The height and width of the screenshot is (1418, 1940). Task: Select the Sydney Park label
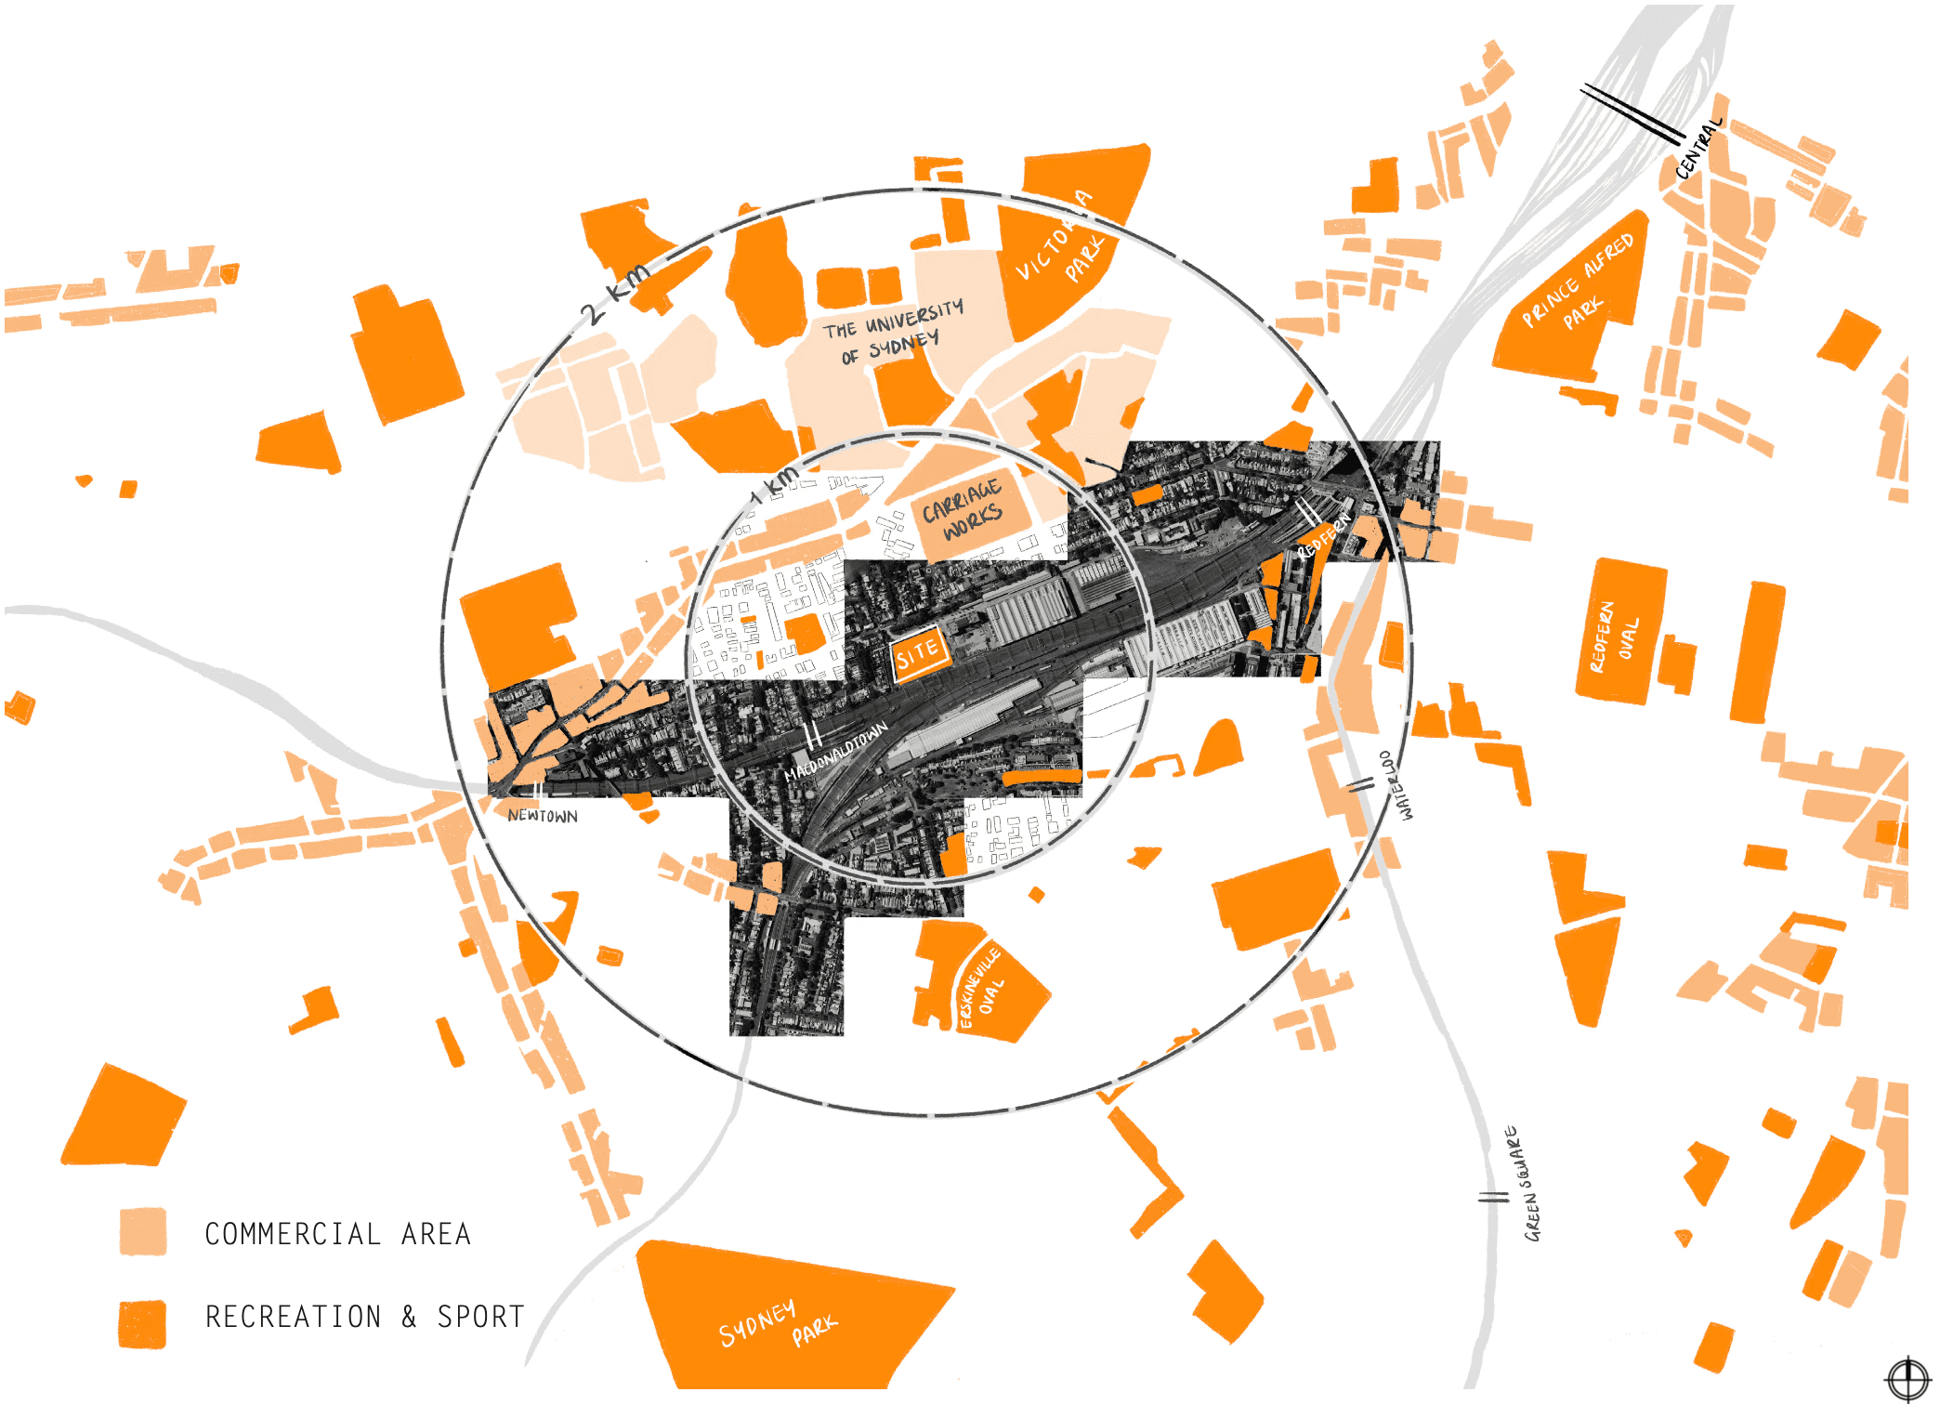pos(779,1323)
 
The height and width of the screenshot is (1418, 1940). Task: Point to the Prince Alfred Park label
pos(1579,283)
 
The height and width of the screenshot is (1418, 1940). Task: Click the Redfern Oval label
pos(1613,637)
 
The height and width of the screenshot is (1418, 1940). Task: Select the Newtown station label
pos(543,816)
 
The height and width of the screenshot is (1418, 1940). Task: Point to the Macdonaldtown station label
pos(836,751)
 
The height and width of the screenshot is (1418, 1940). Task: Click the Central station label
pos(1698,149)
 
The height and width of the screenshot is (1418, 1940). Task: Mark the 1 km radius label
pos(776,484)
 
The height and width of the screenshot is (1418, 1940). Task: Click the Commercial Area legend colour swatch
pos(143,1232)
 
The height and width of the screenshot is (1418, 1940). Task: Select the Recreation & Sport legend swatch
pos(143,1323)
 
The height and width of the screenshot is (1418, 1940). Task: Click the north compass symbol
pos(1907,1378)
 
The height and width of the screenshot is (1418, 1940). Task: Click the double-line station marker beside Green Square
pos(1493,1197)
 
